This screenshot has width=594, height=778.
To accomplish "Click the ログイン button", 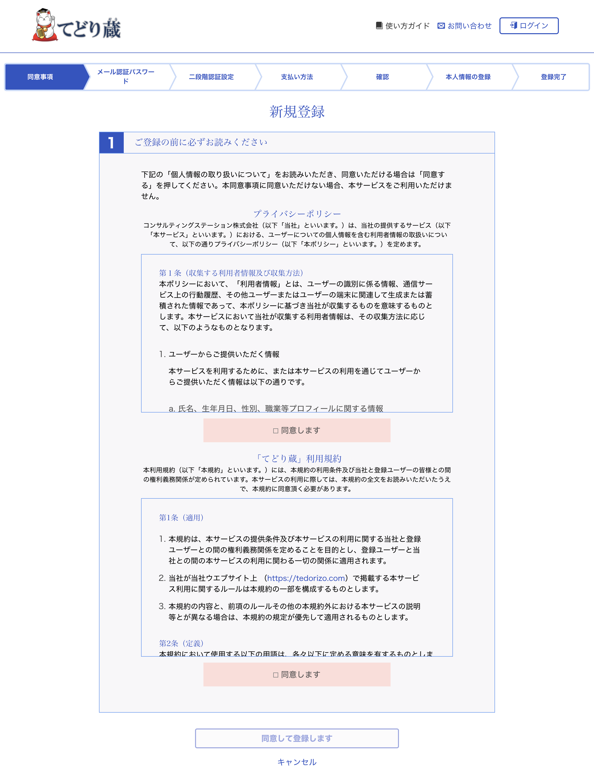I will tap(529, 26).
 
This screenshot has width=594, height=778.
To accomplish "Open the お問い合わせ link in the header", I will tap(465, 26).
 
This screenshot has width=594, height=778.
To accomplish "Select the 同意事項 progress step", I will tap(40, 77).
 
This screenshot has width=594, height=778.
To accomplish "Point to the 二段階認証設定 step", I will tap(211, 77).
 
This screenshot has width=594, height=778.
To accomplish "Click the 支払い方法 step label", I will tap(297, 77).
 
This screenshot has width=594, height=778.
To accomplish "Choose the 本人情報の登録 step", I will tap(468, 77).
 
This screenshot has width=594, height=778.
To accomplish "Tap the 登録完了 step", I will tap(553, 77).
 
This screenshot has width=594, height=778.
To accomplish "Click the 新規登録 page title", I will tap(297, 112).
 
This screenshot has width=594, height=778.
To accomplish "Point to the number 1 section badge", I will tap(111, 143).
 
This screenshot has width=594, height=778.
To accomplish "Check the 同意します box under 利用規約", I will tap(276, 675).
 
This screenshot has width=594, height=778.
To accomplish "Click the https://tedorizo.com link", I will tap(306, 578).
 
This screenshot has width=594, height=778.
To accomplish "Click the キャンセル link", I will tap(297, 762).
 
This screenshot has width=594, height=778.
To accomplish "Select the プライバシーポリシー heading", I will tap(297, 214).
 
